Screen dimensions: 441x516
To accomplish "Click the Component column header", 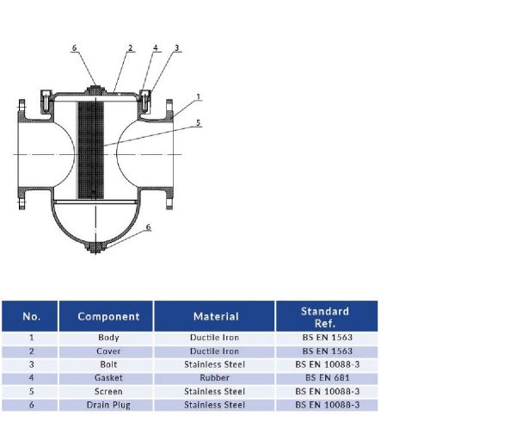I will pyautogui.click(x=108, y=316).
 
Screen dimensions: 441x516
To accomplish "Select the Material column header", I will pyautogui.click(x=215, y=316).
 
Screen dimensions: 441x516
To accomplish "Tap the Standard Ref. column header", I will pyautogui.click(x=325, y=316).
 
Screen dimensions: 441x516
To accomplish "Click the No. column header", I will pyautogui.click(x=31, y=316).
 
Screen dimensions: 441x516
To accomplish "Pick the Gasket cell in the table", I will pyautogui.click(x=108, y=378).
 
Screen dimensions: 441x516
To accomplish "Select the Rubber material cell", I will pyautogui.click(x=215, y=378).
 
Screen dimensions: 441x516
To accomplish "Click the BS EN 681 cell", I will pyautogui.click(x=325, y=378).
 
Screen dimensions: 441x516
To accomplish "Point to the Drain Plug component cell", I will pyautogui.click(x=108, y=405).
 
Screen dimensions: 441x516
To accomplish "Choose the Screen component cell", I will pyautogui.click(x=108, y=392).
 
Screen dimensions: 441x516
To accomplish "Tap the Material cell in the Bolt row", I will pyautogui.click(x=215, y=364).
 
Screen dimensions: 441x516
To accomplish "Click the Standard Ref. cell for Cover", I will pyautogui.click(x=325, y=351).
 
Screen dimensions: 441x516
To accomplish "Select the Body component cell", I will pyautogui.click(x=108, y=338).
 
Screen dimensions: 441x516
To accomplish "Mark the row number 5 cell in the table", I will pyautogui.click(x=31, y=392).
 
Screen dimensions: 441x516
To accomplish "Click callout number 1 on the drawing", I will pyautogui.click(x=198, y=96).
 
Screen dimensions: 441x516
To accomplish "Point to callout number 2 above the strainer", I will pyautogui.click(x=130, y=48).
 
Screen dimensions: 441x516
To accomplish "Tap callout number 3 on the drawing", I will pyautogui.click(x=176, y=48).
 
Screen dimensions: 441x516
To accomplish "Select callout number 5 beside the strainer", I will pyautogui.click(x=198, y=123).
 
